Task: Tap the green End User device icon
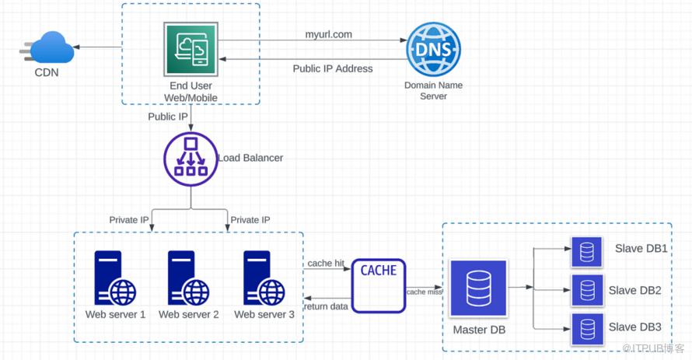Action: coord(190,50)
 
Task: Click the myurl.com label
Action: coord(329,34)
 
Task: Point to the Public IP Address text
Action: coord(333,68)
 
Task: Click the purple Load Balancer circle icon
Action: coord(190,159)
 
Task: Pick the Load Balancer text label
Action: coord(250,158)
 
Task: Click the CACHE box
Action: coord(379,285)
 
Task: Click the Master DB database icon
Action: coord(478,288)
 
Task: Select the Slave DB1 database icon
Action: coord(587,252)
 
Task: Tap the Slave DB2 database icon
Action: coord(587,290)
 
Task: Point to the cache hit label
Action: coord(326,264)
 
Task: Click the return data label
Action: coord(327,306)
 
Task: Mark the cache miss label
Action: coord(424,292)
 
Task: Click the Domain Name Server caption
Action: coord(434,90)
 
